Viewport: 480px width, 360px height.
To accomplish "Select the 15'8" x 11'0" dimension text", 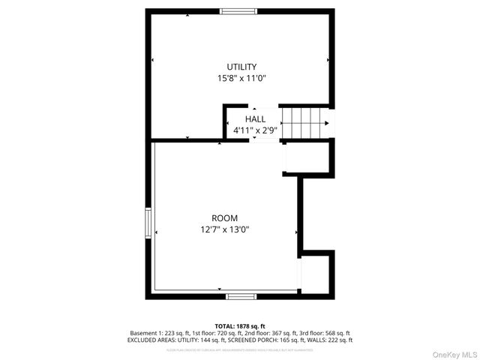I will [x=241, y=77].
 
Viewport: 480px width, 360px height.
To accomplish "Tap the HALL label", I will [x=255, y=119].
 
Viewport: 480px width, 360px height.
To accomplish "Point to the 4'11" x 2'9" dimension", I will [x=255, y=130].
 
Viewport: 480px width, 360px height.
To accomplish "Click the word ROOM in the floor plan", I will [x=224, y=218].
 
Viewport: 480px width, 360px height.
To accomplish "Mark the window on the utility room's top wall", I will [x=238, y=11].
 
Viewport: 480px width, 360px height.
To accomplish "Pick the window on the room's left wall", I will [x=148, y=223].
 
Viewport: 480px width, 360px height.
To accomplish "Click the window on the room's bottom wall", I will [x=241, y=297].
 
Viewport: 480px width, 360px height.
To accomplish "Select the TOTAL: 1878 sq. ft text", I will [x=240, y=326].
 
